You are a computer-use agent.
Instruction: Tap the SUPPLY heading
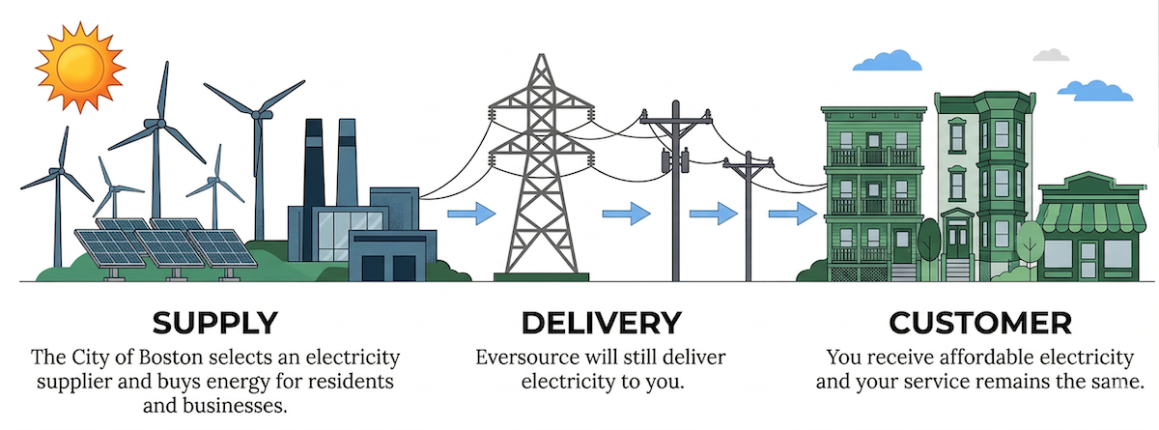click(x=215, y=322)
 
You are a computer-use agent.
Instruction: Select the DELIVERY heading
click(x=601, y=322)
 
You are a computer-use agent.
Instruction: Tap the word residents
click(x=344, y=382)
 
